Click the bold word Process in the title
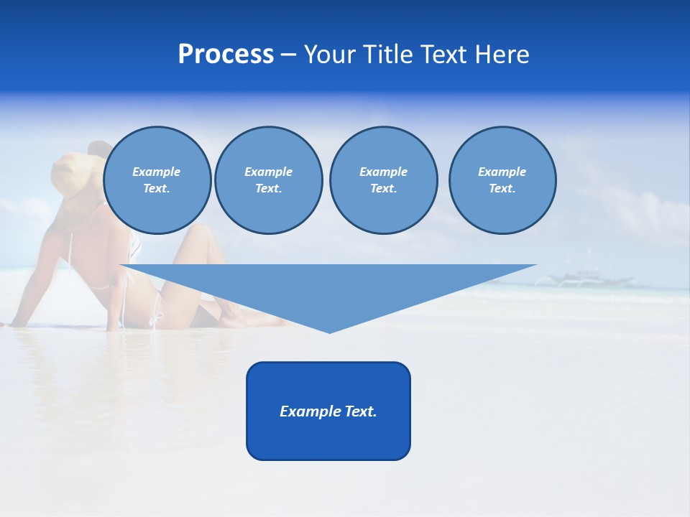226,55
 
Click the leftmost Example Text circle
157,180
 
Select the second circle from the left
269,180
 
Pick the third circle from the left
383,180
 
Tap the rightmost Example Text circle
502,180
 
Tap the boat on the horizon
582,279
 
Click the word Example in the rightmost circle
502,172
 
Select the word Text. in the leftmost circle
157,189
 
